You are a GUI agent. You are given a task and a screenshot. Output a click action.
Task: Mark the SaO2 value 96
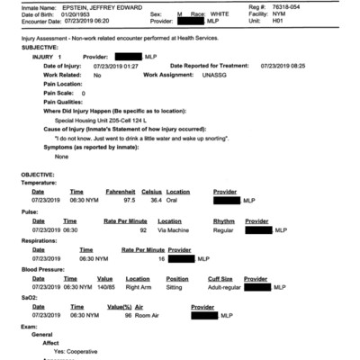click(128, 316)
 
